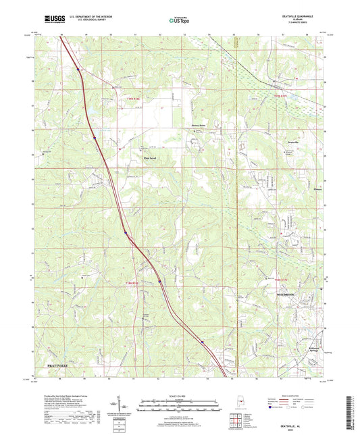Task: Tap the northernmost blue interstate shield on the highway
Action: tap(78, 69)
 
